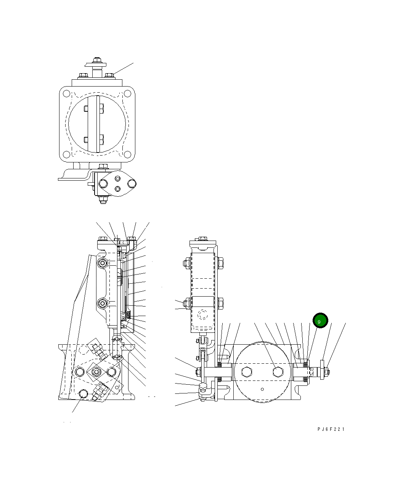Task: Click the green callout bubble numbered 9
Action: click(x=320, y=321)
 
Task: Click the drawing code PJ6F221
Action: click(x=331, y=429)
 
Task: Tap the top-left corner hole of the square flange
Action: click(x=66, y=93)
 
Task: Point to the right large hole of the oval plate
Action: click(x=132, y=184)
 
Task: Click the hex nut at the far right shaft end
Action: click(x=326, y=372)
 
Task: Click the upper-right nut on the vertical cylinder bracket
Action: click(x=221, y=262)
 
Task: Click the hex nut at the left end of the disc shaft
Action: click(x=198, y=372)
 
